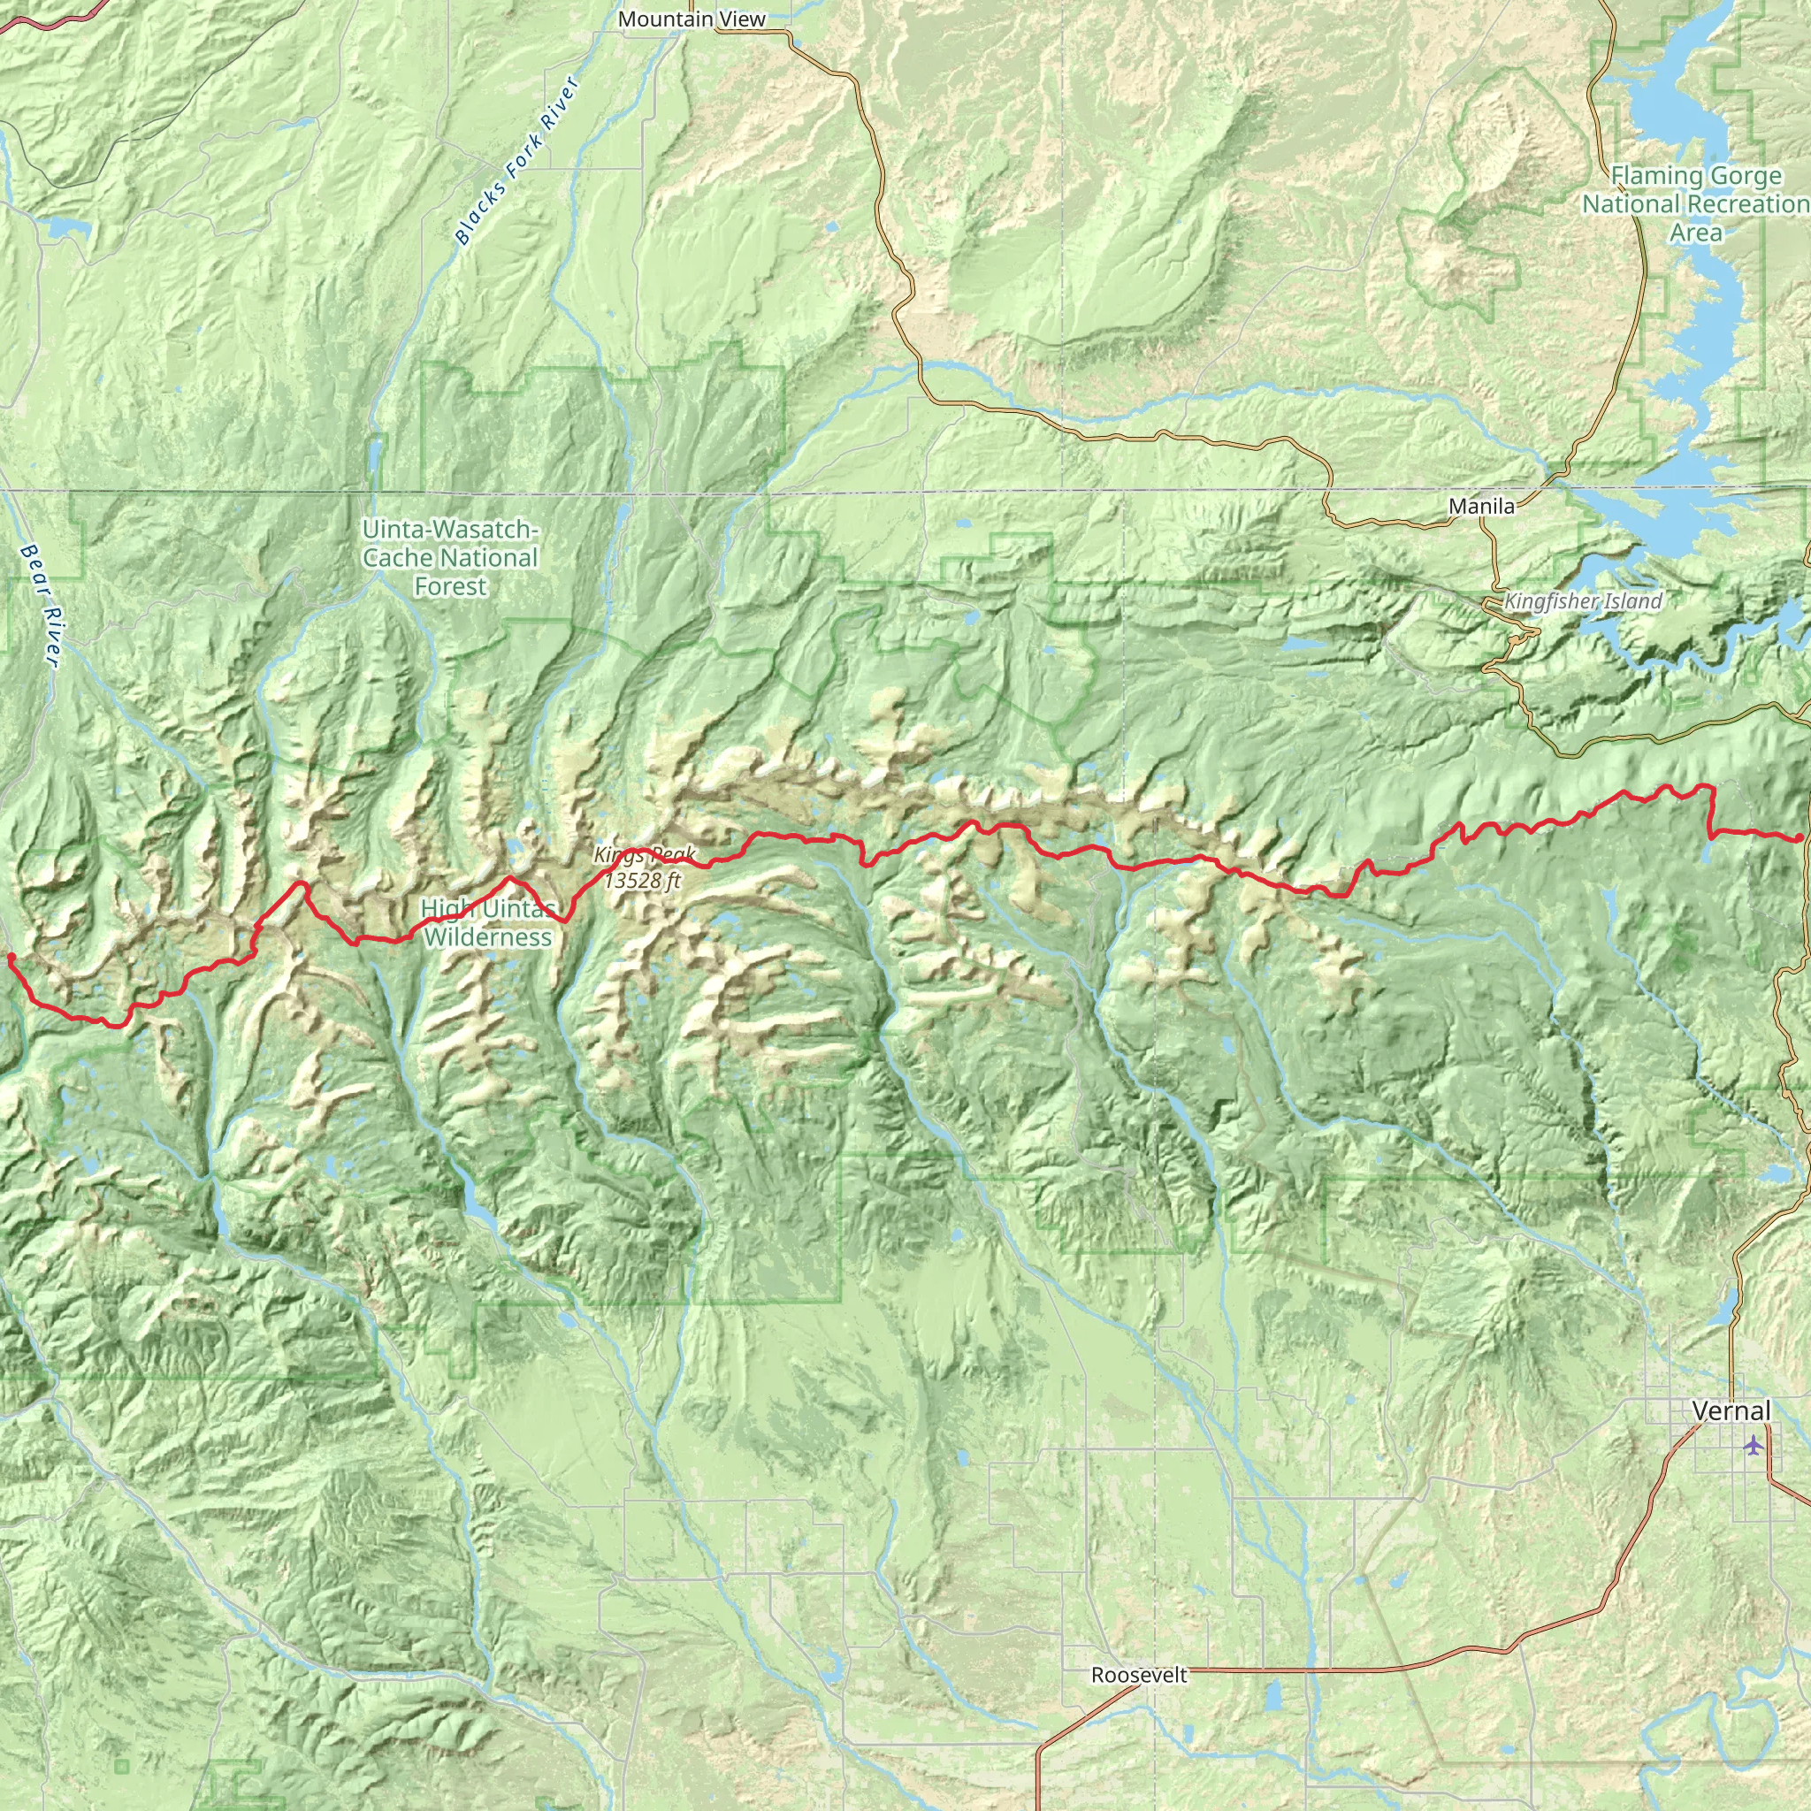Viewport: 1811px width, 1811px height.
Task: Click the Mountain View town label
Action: point(692,19)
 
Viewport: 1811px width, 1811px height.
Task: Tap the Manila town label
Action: point(1481,506)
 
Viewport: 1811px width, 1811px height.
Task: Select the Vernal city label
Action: point(1731,1410)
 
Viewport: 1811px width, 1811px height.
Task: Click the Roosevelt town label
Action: point(1139,1675)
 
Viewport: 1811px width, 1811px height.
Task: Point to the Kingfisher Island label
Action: point(1583,602)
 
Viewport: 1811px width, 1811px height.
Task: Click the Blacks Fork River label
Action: point(518,161)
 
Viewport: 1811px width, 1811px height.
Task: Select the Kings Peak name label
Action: point(645,855)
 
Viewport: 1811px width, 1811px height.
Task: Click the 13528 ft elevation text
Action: point(642,880)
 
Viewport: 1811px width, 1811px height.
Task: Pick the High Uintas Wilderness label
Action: point(487,922)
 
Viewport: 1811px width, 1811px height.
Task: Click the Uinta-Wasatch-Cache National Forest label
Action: point(451,558)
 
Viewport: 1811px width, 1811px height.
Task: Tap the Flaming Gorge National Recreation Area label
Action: point(1696,203)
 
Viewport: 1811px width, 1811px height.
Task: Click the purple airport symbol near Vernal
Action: point(1753,1446)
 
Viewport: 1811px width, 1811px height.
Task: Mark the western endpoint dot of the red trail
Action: point(11,957)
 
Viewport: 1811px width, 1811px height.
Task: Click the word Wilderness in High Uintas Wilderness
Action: point(487,937)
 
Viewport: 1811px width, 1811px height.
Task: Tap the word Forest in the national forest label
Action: point(451,587)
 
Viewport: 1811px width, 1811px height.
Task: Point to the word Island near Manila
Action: point(1632,602)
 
